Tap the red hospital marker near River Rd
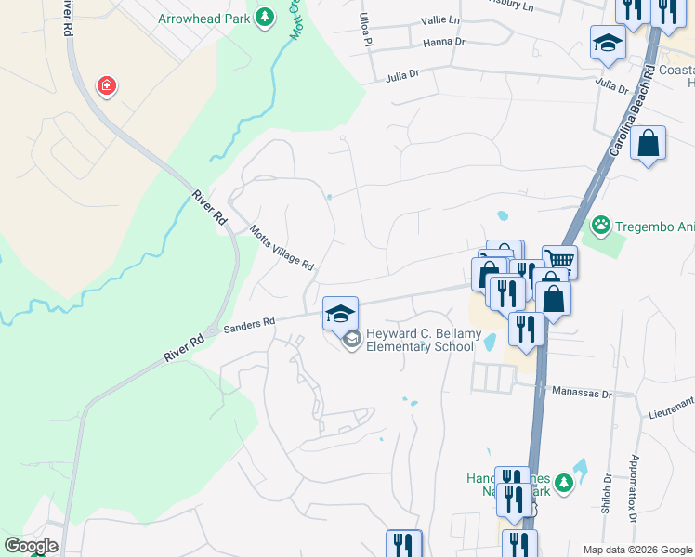107,86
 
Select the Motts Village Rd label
282,248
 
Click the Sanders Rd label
250,322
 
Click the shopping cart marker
559,260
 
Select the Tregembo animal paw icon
602,224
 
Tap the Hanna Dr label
443,42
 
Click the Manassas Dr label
582,394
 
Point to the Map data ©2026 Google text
636,550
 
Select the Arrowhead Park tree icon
265,18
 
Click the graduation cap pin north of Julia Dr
608,43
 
